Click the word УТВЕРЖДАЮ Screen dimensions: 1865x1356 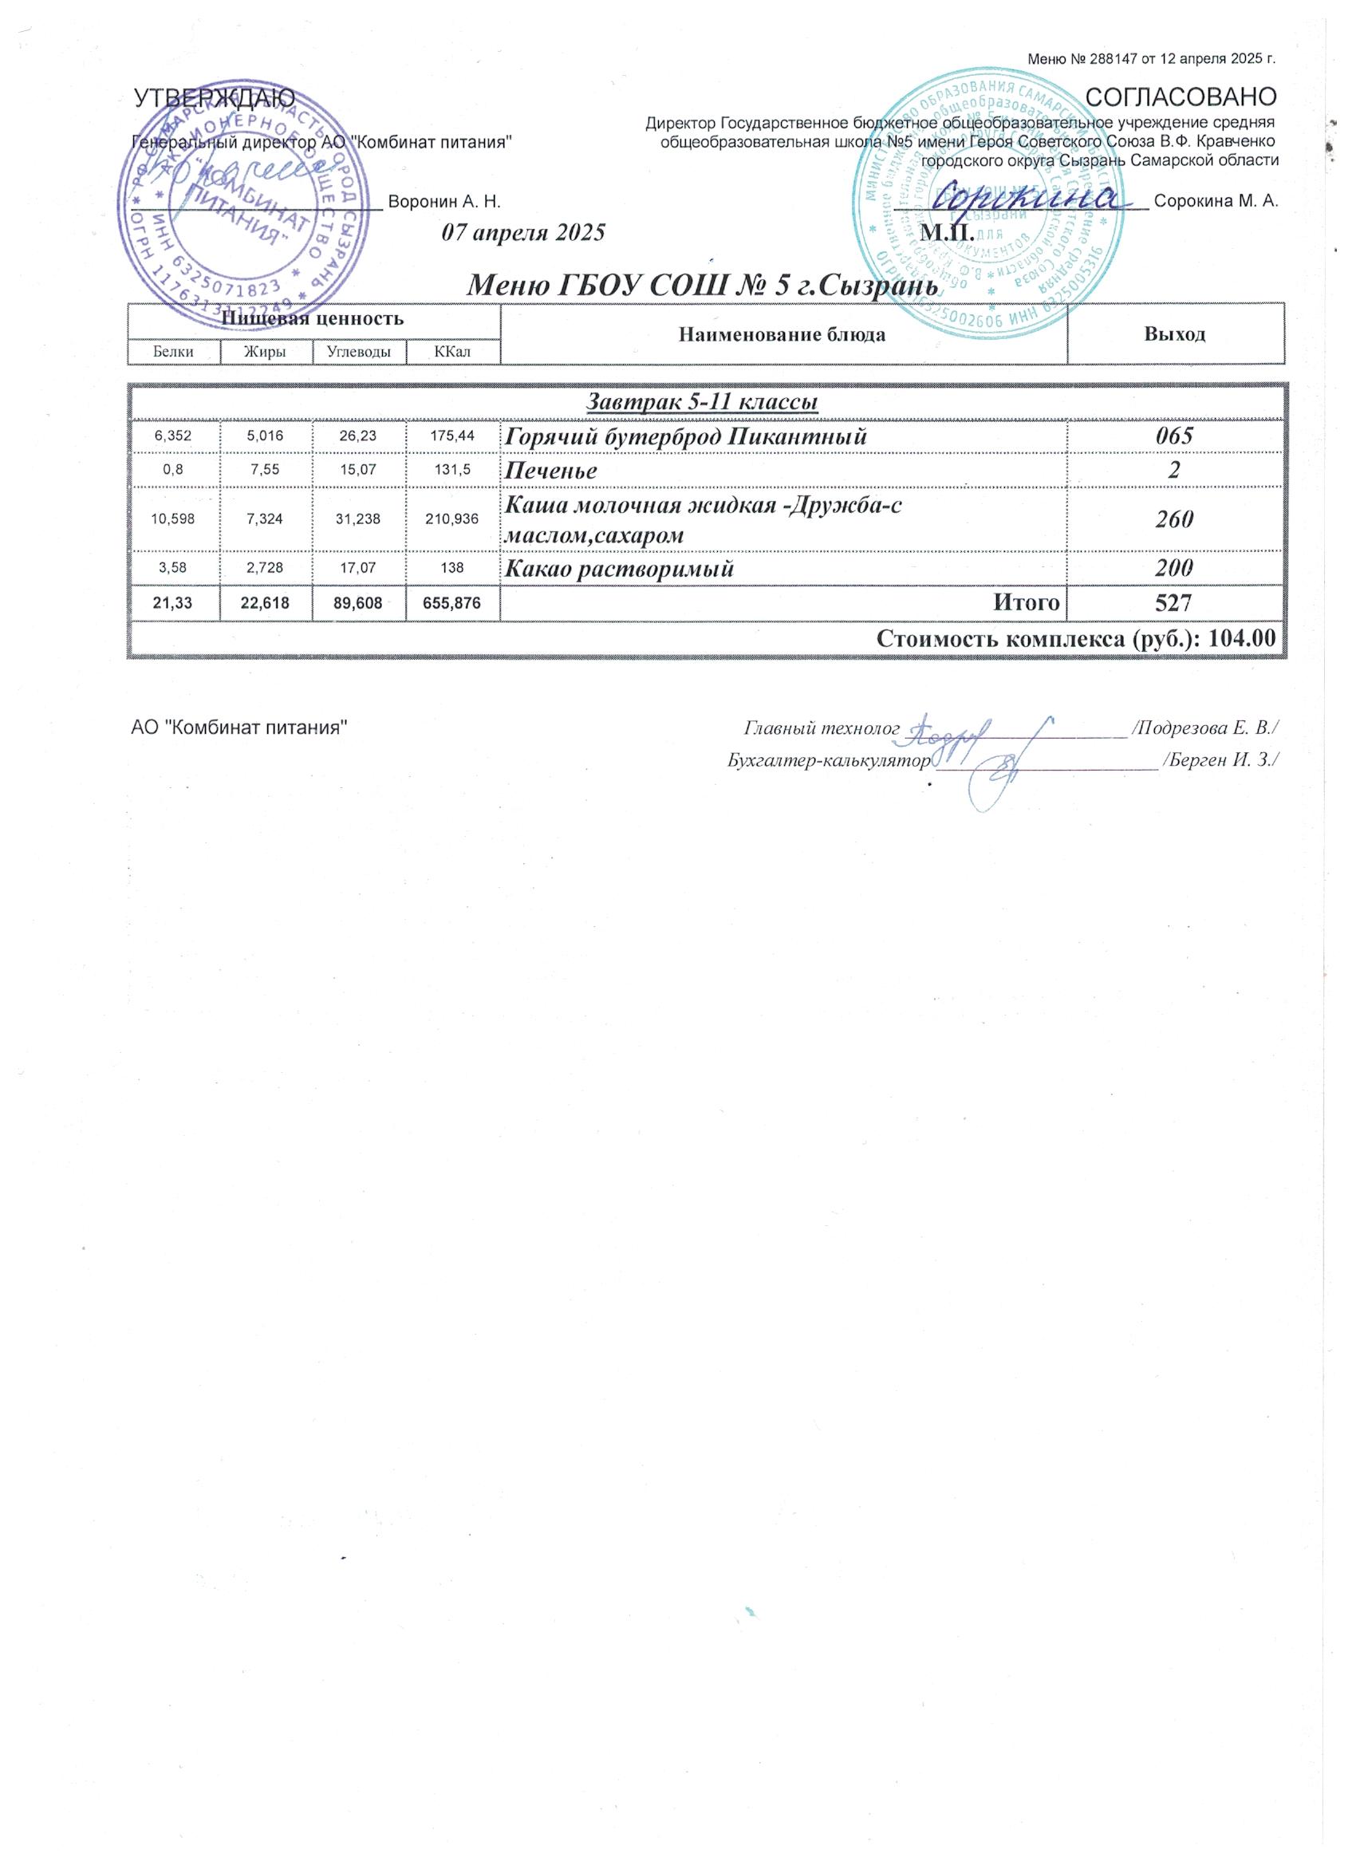pyautogui.click(x=215, y=98)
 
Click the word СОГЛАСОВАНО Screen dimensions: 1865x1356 pyautogui.click(x=1181, y=97)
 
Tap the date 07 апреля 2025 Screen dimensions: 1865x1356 pyautogui.click(x=523, y=233)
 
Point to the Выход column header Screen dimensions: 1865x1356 pyautogui.click(x=1174, y=334)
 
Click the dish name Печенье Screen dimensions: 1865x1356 pyautogui.click(x=550, y=471)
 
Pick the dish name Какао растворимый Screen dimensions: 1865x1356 pyautogui.click(x=618, y=568)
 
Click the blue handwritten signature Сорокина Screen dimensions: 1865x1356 pyautogui.click(x=1035, y=197)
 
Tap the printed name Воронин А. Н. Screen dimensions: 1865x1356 pyautogui.click(x=444, y=202)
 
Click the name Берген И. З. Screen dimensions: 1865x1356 pyautogui.click(x=1219, y=760)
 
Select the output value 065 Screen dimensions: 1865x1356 pyautogui.click(x=1174, y=436)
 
